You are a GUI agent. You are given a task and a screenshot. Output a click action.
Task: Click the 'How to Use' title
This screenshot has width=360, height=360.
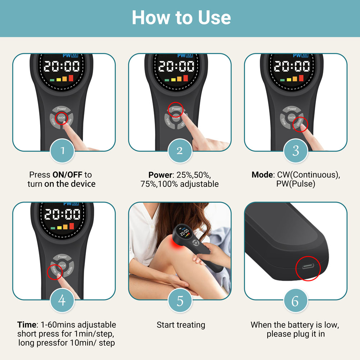coord(181,18)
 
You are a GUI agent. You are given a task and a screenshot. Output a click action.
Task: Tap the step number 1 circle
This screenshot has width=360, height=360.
coord(62,151)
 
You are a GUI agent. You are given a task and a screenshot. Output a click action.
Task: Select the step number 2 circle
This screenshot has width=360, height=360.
coord(180,151)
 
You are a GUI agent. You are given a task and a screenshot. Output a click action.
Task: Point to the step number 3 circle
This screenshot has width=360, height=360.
coord(296,151)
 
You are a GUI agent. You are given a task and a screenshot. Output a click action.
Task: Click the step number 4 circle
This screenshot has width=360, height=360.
coord(62,300)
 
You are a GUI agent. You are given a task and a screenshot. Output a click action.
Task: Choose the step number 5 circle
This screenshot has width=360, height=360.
coord(180,300)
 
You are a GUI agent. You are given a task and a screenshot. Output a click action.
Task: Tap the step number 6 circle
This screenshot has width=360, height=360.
coord(296,300)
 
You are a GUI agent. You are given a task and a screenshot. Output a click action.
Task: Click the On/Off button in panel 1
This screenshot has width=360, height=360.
coord(61,118)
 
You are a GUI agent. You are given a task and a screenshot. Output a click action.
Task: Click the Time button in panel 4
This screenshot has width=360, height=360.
coord(54,269)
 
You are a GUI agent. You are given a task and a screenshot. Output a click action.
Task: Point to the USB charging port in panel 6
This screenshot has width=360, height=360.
coord(308,267)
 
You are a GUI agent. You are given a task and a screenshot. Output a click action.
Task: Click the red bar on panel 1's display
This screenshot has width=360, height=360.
coord(71,78)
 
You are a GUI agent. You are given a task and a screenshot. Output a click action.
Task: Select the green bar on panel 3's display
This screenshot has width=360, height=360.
coord(282,80)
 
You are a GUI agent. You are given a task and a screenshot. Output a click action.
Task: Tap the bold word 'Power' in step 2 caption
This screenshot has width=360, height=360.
coord(160,175)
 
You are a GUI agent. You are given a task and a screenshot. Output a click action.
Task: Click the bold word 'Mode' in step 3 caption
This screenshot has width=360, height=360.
coord(262,175)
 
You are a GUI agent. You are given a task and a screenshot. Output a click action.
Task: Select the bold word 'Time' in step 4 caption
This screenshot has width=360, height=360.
coord(27,325)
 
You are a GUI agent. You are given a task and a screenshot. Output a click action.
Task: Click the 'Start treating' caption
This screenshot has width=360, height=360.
coord(181,325)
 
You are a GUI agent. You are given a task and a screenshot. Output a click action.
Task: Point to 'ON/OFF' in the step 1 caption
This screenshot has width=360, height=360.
coord(67,175)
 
